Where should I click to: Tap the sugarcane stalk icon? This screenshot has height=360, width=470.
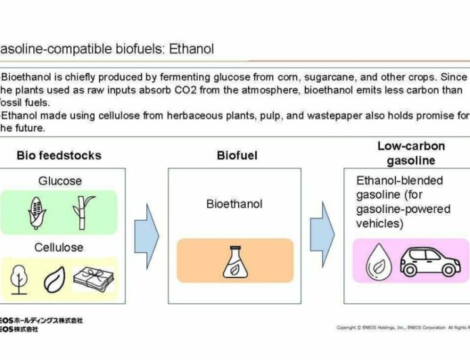(x=82, y=211)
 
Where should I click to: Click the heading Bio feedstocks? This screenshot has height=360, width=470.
(x=59, y=156)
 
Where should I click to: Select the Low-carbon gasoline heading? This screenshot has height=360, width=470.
(x=405, y=154)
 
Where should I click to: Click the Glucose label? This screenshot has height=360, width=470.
(x=60, y=181)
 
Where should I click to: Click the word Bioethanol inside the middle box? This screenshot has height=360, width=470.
(x=234, y=204)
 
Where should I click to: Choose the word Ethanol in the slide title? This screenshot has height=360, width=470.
(x=192, y=49)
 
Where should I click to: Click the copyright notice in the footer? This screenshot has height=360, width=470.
(x=403, y=328)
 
